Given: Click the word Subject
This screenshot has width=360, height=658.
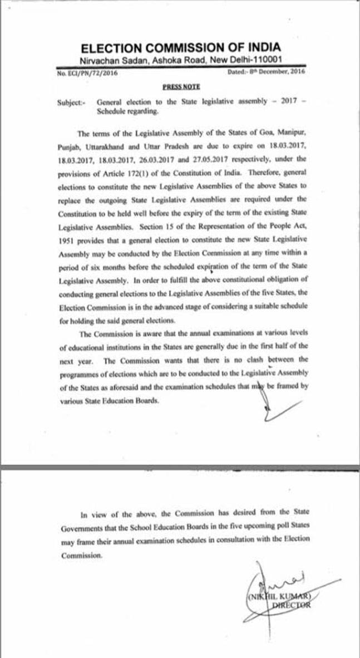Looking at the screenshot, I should [x=71, y=102].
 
